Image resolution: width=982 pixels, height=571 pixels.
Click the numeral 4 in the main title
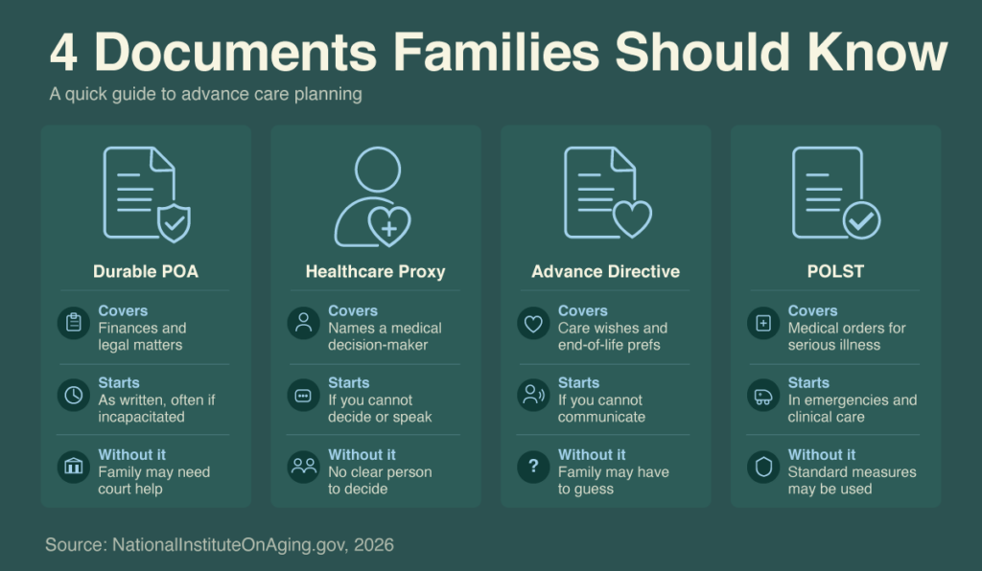coord(64,53)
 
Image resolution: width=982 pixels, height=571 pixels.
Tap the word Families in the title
coord(496,52)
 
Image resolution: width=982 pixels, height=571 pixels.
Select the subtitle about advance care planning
coord(205,95)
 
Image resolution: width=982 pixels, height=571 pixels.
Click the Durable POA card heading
coord(146,271)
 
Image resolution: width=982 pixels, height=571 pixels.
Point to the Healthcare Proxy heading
coord(375,271)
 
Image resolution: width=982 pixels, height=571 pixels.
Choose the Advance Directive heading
coord(606,271)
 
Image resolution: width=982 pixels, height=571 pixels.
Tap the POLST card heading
coord(835,271)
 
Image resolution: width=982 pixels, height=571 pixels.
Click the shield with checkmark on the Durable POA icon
coord(175,222)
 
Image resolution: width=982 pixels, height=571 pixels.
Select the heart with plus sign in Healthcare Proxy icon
coord(389,226)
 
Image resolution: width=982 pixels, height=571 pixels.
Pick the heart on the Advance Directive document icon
coord(632,218)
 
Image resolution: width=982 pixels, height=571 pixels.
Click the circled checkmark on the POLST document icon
coord(861,220)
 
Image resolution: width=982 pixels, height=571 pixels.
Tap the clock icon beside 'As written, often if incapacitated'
coord(74,396)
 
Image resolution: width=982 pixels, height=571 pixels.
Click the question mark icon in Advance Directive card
coord(533,467)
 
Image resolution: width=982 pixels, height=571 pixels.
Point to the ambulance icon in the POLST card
coord(763,396)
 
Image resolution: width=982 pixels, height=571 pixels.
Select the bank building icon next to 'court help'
coord(74,467)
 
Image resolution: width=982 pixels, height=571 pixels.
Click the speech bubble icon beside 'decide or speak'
coord(304,396)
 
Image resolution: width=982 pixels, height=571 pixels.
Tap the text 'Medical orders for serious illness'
coord(847,336)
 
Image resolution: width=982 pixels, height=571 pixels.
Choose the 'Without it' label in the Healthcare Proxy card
coord(362,455)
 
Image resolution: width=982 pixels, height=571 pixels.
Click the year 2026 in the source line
coord(374,545)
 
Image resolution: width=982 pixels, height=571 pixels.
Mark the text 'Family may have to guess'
coord(613,480)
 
